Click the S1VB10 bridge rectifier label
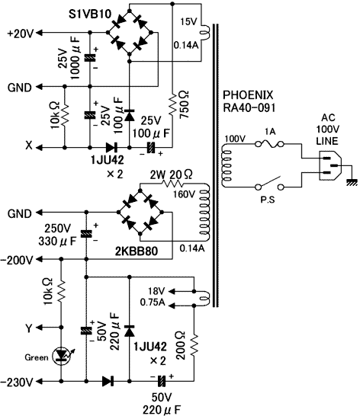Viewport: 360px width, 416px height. (x=90, y=14)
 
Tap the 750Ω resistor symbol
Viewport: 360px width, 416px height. (x=172, y=104)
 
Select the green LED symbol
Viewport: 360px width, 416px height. (x=61, y=356)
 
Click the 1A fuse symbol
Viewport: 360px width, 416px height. (x=269, y=144)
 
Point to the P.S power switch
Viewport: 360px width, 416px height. (x=269, y=184)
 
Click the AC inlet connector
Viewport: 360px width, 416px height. (x=329, y=165)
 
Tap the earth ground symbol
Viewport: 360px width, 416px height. (x=352, y=182)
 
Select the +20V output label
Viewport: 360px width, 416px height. (x=21, y=34)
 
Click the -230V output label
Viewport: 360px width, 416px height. (x=17, y=382)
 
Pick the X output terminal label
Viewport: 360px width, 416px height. (x=29, y=146)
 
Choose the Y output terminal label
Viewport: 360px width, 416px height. (x=29, y=328)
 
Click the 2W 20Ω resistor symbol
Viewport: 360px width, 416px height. (x=172, y=184)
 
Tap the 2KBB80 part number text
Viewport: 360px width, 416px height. (x=137, y=251)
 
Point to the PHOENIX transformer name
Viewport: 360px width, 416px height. (x=248, y=94)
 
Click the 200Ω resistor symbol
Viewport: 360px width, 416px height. (x=194, y=345)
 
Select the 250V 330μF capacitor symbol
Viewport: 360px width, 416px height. (x=86, y=234)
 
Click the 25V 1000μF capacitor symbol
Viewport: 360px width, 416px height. (x=90, y=58)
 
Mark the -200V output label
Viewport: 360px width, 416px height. (x=17, y=260)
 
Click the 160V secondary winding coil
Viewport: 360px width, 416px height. (x=204, y=213)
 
